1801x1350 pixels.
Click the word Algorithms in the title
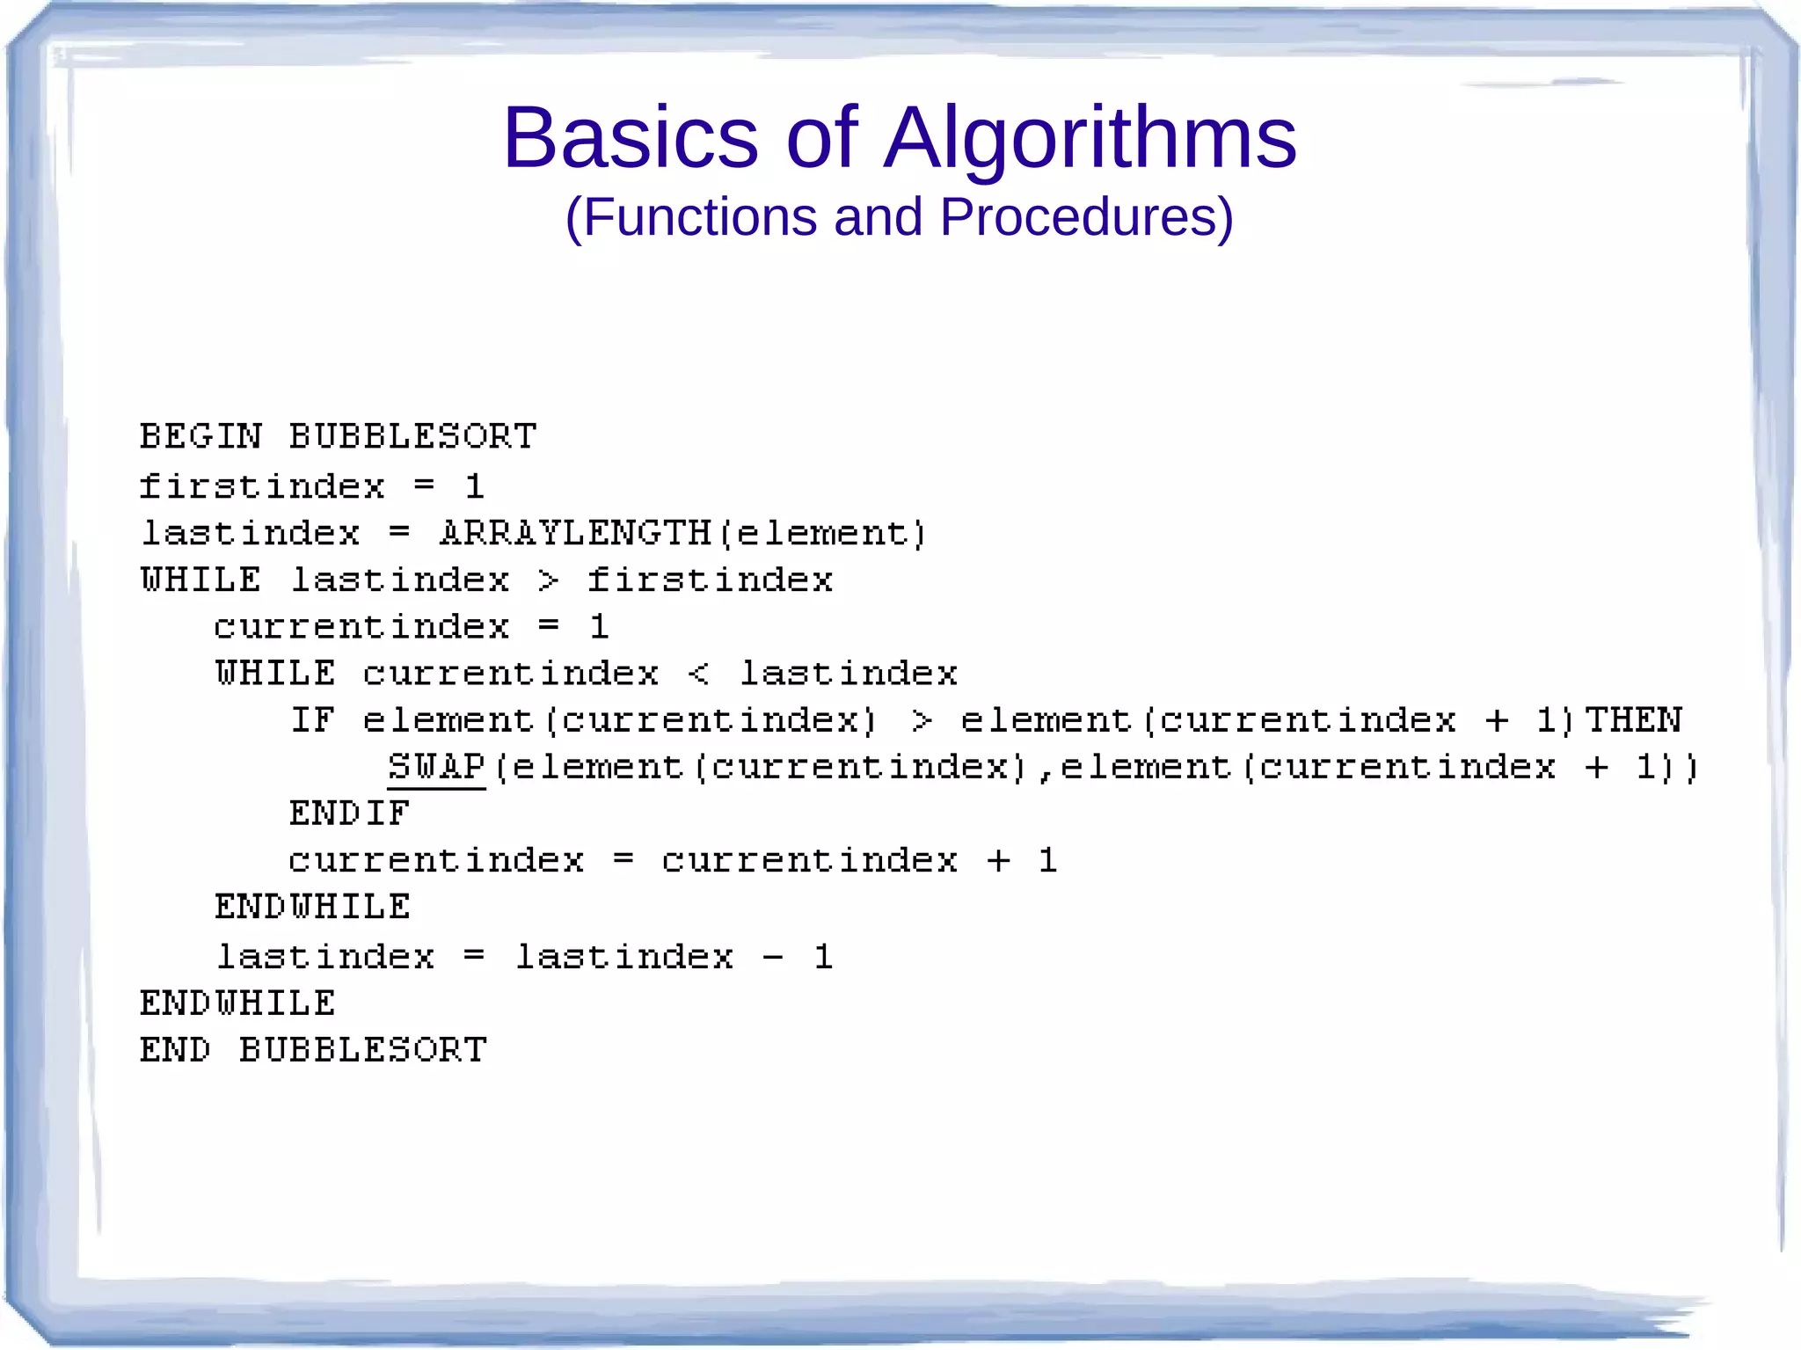tap(1090, 138)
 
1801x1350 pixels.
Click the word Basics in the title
tap(630, 138)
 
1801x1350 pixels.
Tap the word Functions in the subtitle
tap(700, 217)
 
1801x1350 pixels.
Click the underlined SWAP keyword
tap(436, 767)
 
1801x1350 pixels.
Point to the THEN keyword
tap(1633, 720)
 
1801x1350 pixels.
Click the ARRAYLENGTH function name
tap(575, 533)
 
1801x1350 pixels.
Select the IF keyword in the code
tap(312, 720)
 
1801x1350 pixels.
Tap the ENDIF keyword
tap(349, 814)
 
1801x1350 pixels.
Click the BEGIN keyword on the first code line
tap(201, 436)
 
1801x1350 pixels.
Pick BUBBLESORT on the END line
tap(362, 1050)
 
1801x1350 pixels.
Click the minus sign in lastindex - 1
tap(773, 957)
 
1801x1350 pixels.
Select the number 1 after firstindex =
tap(474, 486)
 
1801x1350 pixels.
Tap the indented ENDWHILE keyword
tap(312, 907)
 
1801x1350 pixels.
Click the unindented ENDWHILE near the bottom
tap(237, 1003)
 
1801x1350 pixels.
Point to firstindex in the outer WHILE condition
tap(710, 580)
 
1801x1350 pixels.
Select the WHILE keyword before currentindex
tap(275, 674)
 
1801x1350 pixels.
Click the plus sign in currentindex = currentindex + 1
tap(997, 861)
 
